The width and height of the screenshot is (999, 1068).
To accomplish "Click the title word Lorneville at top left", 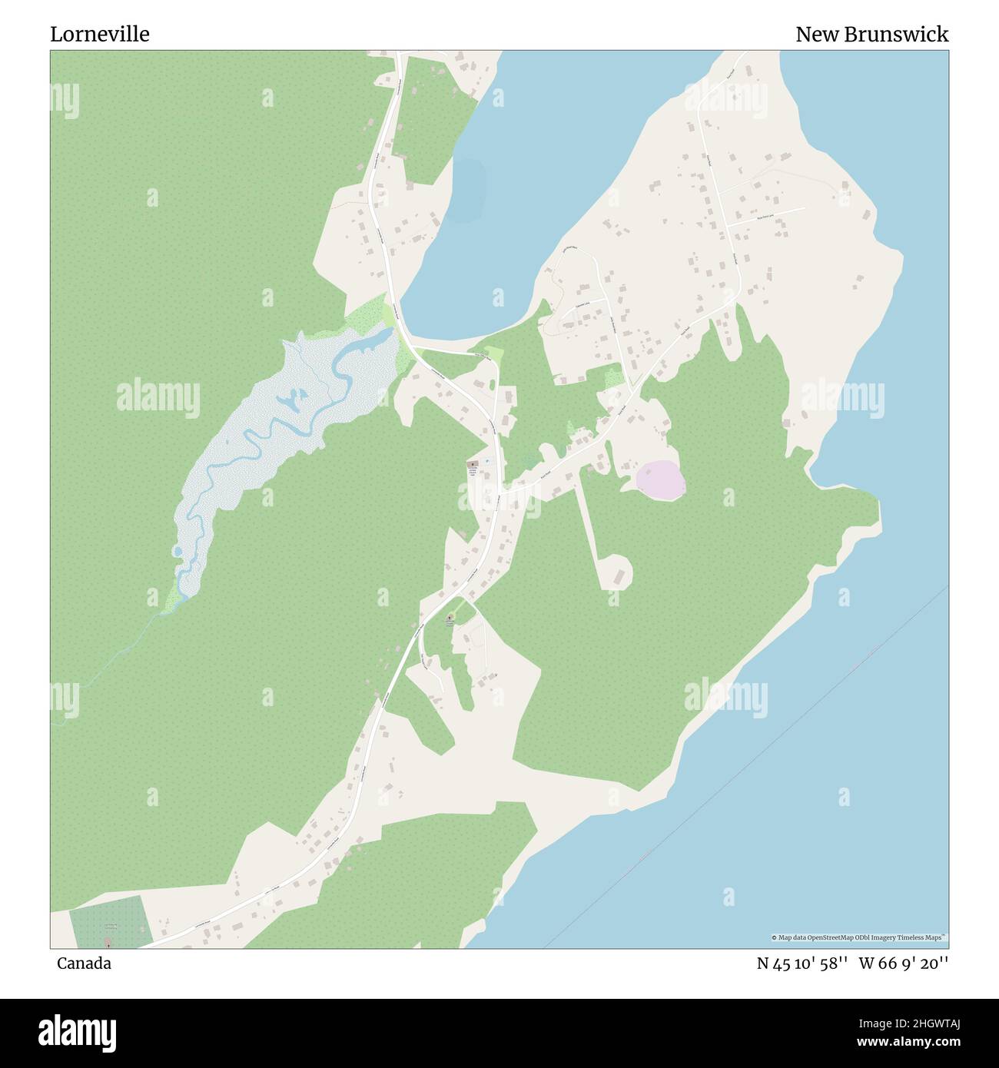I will click(x=100, y=35).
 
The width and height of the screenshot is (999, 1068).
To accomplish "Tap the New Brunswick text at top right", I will click(x=871, y=35).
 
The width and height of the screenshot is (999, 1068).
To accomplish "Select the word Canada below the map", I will click(x=84, y=964).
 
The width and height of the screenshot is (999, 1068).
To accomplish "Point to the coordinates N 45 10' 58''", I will click(x=802, y=964).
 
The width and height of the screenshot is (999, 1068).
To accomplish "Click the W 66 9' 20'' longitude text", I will click(x=904, y=964).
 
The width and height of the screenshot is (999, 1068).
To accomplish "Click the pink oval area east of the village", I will click(x=660, y=480).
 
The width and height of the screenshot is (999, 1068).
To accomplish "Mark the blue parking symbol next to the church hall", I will click(x=487, y=462).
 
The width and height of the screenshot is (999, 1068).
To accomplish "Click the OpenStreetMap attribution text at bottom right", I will click(x=858, y=937).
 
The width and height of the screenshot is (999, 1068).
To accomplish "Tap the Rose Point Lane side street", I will click(x=768, y=215).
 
